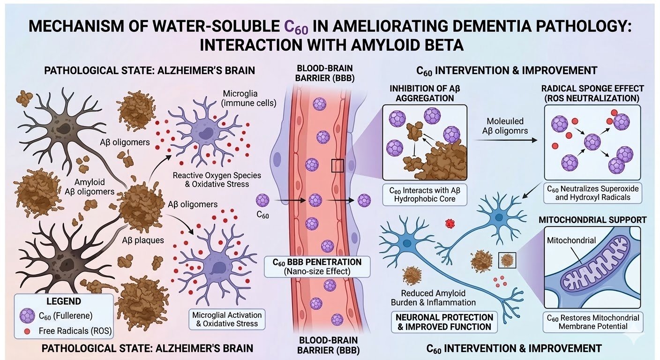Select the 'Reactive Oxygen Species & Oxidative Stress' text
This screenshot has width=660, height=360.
(217, 180)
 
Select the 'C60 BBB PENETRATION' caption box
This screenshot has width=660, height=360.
(317, 266)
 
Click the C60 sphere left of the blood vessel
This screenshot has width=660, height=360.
(262, 201)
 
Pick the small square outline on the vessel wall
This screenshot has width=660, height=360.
(337, 165)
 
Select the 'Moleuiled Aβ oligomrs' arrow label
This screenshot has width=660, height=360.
(505, 127)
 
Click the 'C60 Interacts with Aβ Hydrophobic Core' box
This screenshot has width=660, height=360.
(424, 195)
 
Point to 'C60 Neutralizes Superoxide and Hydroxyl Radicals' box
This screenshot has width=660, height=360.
(592, 193)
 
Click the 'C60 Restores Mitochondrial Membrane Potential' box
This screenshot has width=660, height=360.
(592, 322)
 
